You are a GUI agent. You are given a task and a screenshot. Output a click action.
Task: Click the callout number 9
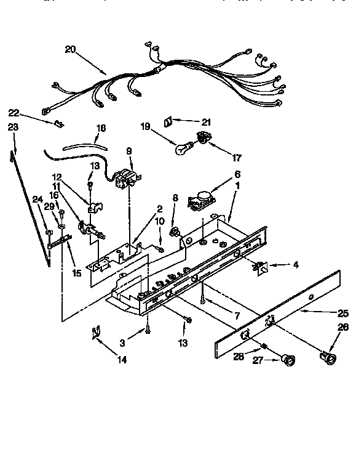[x=129, y=151]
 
